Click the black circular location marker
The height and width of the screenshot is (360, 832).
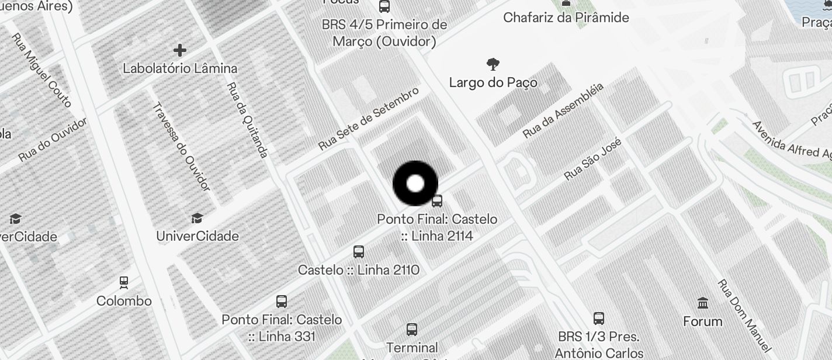415,184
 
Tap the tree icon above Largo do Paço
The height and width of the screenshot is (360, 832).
493,64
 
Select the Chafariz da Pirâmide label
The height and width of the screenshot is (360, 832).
566,18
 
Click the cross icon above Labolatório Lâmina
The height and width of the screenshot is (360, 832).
180,50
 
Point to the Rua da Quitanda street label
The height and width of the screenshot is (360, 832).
247,120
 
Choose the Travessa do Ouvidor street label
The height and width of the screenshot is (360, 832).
181,146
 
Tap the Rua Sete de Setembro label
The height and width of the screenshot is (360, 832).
369,119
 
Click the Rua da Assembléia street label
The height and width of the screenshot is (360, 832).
563,110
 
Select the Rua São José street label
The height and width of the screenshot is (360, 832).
592,158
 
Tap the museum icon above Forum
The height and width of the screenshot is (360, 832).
703,303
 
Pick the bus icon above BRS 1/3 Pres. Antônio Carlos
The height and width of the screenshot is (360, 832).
599,319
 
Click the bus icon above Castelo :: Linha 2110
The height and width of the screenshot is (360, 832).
359,252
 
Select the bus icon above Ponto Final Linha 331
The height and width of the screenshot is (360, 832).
282,302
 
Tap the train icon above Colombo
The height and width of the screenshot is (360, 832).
124,283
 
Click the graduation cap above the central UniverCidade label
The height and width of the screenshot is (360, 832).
197,219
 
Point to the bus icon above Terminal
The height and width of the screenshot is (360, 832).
412,330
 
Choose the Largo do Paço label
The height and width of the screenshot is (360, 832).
493,82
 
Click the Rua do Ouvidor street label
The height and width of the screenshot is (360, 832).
53,140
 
